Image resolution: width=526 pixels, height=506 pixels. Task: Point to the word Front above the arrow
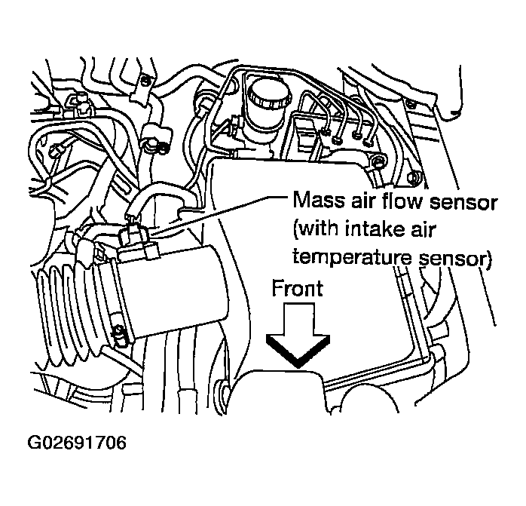click(x=298, y=289)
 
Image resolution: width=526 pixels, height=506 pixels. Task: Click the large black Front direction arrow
click(x=298, y=336)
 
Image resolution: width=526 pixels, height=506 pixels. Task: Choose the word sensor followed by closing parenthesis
click(x=455, y=257)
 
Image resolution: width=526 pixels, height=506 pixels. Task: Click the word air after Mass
click(x=357, y=202)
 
